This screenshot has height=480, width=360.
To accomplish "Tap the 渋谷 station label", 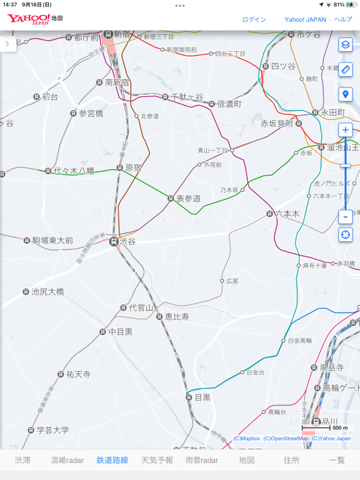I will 127,241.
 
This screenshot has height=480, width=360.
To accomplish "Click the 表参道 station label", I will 188,198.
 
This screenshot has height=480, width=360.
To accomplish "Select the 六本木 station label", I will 287,214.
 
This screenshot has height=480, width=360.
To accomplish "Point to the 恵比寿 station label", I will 176,317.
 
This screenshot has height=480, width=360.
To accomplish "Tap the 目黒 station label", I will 202,397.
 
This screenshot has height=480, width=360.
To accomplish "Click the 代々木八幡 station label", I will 74,170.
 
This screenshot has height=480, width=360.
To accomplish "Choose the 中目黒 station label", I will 120,332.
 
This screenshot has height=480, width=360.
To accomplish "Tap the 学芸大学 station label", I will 52,430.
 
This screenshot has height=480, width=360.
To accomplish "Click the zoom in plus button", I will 346,130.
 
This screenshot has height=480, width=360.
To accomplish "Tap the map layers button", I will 346,45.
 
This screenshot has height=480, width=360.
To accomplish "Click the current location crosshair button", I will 346,235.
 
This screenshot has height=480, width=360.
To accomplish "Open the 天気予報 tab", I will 157,460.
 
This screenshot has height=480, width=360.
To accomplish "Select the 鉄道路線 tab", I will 112,460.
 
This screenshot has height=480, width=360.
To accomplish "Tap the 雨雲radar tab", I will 202,460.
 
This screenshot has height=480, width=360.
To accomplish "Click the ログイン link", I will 254,19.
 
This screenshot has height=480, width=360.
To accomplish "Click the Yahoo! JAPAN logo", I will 29,19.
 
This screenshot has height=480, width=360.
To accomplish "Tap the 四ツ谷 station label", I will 282,66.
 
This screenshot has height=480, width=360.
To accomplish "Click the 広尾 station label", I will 232,281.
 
